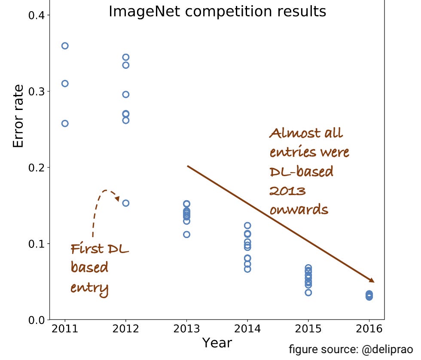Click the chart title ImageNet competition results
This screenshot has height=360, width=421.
[217, 12]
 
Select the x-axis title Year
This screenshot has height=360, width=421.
[217, 343]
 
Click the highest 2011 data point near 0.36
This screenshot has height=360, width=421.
[65, 46]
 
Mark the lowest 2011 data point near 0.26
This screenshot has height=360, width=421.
[65, 123]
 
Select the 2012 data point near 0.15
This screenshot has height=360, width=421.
[126, 203]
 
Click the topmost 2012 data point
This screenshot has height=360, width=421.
[126, 57]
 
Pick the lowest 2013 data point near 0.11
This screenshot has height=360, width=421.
[186, 235]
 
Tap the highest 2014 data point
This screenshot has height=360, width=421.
[247, 226]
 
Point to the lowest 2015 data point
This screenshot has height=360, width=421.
[308, 293]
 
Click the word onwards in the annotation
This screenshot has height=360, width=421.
[299, 210]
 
